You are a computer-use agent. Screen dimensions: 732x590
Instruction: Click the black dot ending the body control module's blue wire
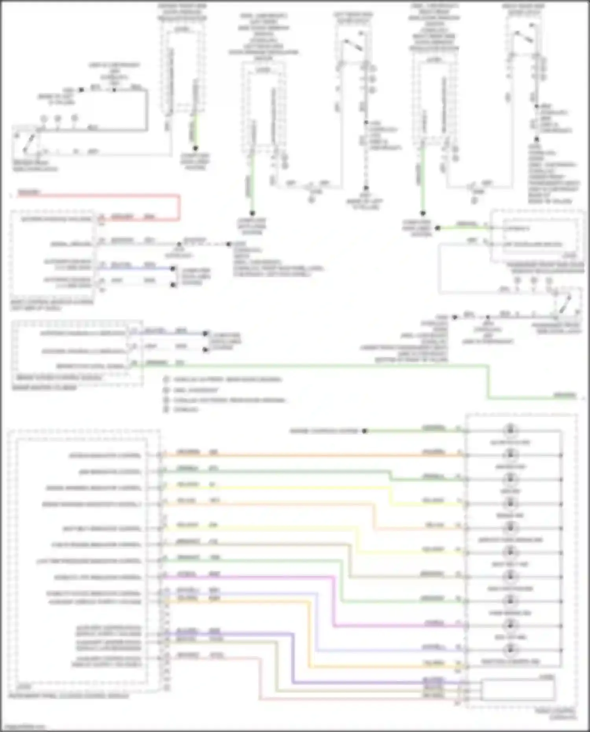pos(173,269)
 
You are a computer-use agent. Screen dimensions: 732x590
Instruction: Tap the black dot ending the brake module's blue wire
pos(205,334)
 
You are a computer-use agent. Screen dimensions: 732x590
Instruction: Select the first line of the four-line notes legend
pos(227,380)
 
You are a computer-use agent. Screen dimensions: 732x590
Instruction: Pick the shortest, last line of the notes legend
pos(186,409)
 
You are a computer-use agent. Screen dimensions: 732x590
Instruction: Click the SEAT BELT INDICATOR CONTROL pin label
pos(102,529)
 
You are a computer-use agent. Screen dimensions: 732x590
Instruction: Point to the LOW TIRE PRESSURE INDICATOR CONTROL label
pos(88,561)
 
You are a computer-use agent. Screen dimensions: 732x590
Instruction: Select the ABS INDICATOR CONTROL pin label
pos(110,472)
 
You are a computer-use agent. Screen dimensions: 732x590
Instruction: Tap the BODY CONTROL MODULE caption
pos(52,302)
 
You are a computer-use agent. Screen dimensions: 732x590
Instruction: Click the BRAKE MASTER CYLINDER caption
pos(44,387)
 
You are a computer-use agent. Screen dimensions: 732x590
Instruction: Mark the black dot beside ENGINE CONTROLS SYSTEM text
pos(365,431)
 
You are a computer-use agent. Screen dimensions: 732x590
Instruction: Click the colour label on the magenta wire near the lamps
pos(434,623)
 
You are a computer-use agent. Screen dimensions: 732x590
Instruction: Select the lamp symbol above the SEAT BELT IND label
pos(510,552)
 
